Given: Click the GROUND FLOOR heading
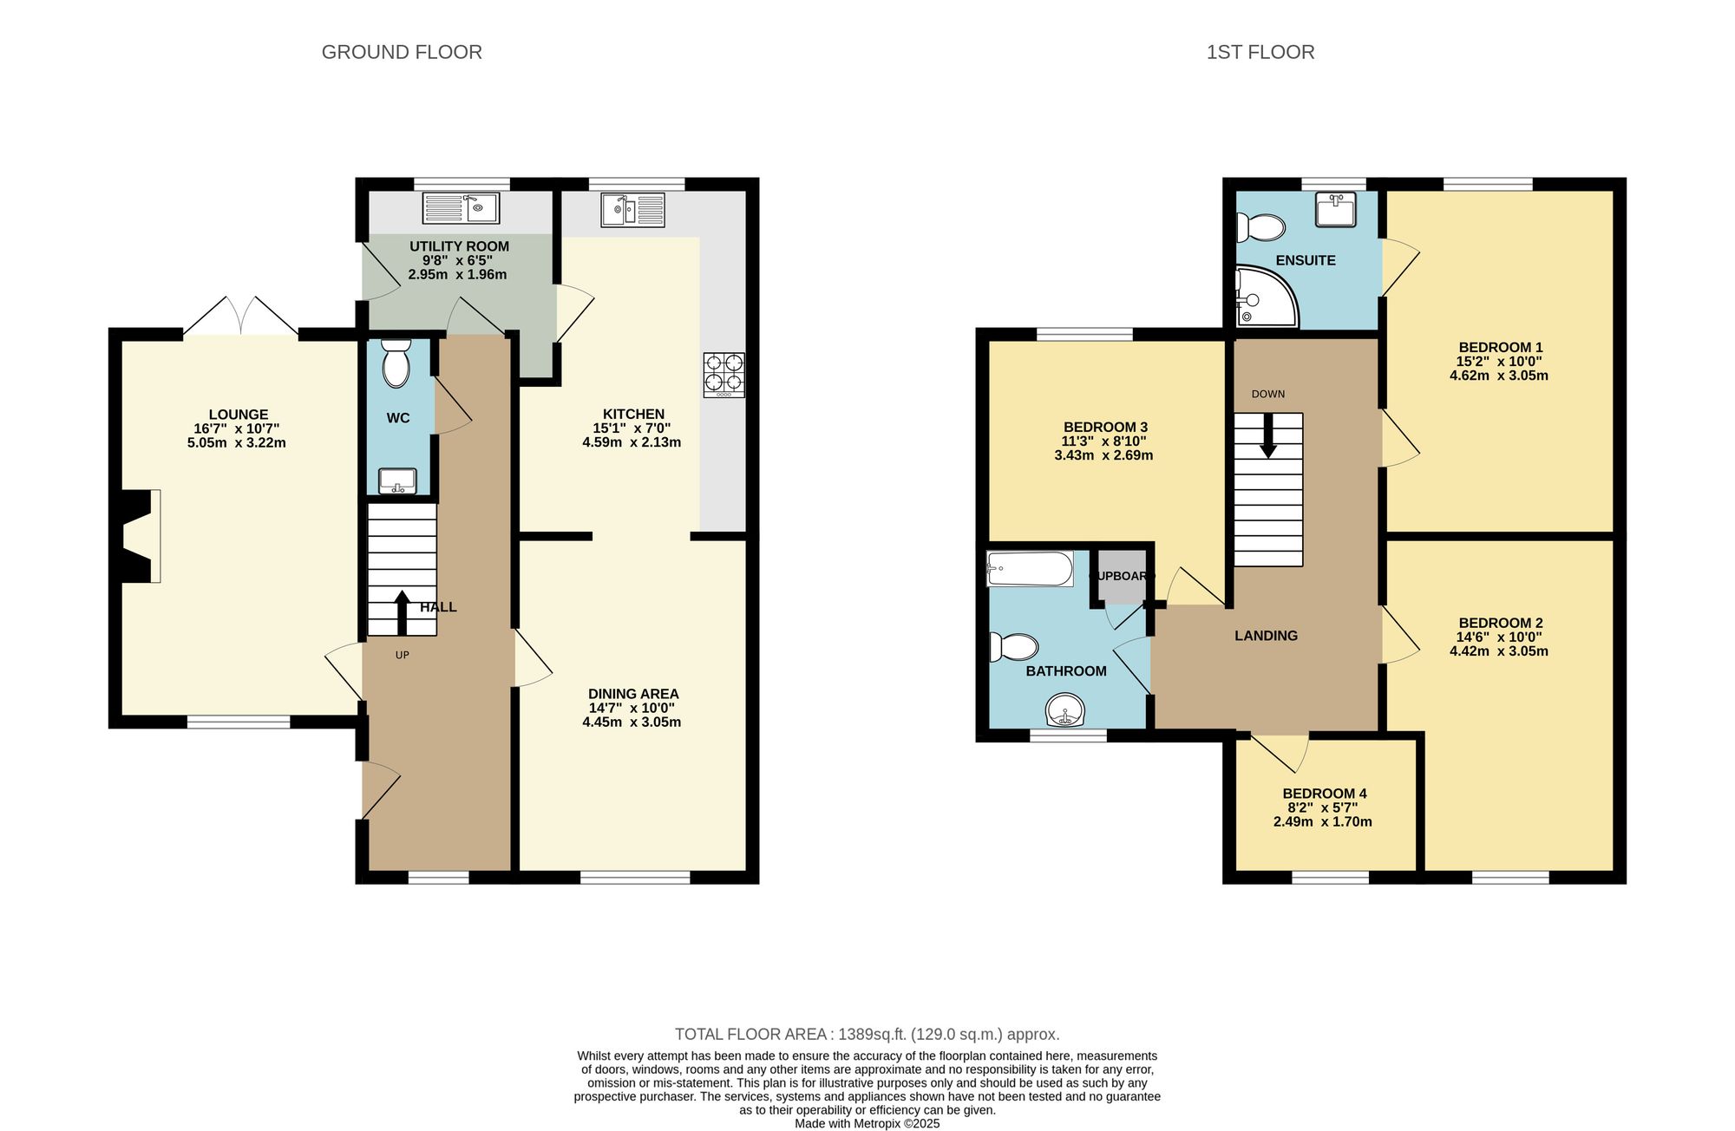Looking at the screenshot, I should (402, 52).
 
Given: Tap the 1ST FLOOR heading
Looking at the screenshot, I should (1260, 52).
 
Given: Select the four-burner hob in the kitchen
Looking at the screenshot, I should (723, 374).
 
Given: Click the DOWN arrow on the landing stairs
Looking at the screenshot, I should (1268, 436).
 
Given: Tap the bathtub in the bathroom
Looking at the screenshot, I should (1030, 569).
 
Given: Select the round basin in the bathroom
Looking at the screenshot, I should (1064, 711).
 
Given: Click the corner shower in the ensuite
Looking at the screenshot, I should (1263, 297).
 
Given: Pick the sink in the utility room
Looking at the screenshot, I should (460, 208).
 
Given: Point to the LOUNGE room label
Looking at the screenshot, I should (238, 415).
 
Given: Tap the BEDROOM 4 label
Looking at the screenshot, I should (1324, 794).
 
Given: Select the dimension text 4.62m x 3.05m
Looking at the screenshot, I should (1498, 376).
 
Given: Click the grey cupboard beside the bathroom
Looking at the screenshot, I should (1123, 577).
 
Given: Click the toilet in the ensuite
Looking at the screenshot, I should (1260, 228).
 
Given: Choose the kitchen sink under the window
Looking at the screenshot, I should (632, 210).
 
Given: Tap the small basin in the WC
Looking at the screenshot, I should (397, 481).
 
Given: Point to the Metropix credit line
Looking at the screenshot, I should (867, 1123).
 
